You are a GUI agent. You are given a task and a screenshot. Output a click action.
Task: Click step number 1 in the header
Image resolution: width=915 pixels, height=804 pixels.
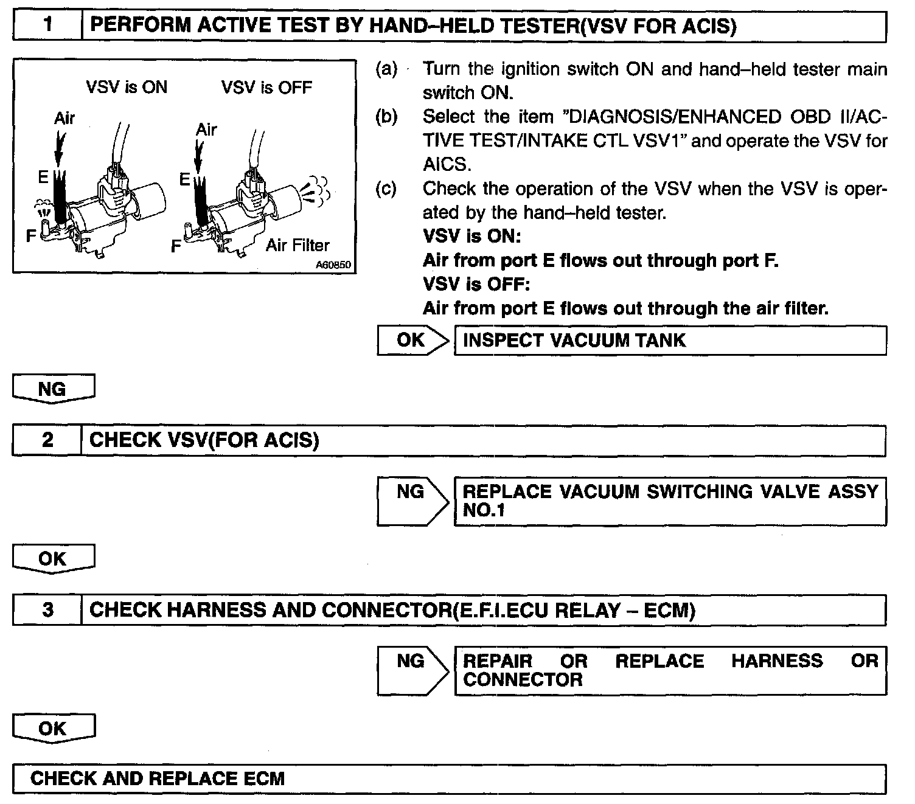[x=47, y=26]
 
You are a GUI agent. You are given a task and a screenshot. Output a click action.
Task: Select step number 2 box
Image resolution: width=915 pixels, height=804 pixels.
[x=47, y=440]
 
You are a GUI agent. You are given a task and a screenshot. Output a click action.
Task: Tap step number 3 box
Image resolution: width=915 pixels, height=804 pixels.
[x=47, y=610]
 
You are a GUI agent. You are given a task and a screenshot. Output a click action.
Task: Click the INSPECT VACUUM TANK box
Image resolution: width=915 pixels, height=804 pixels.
[x=670, y=340]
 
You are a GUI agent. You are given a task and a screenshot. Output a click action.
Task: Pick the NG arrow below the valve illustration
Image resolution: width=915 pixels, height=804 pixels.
[x=54, y=389]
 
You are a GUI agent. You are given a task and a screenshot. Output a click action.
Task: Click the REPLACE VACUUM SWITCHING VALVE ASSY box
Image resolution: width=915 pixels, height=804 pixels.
[x=670, y=501]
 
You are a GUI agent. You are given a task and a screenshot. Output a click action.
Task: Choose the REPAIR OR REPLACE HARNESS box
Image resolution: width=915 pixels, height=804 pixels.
[x=670, y=670]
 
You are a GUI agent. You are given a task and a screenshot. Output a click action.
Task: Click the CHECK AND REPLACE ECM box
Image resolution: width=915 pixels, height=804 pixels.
[x=449, y=778]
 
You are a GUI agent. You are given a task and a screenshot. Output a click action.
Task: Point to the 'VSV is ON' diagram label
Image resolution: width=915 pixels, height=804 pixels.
[x=127, y=88]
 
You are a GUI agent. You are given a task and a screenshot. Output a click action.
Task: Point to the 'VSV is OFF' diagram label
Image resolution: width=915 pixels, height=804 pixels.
[x=266, y=88]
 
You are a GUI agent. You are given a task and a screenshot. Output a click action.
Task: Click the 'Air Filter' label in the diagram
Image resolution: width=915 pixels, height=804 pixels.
[x=297, y=245]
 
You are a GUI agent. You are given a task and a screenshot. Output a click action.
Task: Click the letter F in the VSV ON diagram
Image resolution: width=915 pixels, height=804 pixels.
[x=31, y=235]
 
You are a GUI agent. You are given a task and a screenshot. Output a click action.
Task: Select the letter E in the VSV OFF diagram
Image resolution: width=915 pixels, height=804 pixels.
[x=184, y=179]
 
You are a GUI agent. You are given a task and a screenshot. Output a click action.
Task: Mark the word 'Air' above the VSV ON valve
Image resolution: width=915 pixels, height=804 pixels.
[x=64, y=118]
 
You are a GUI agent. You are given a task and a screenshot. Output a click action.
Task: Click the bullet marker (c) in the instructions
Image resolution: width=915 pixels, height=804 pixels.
[x=386, y=189]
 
